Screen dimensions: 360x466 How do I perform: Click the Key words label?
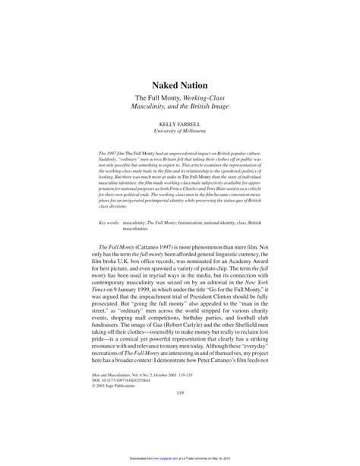[x=111, y=201]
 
